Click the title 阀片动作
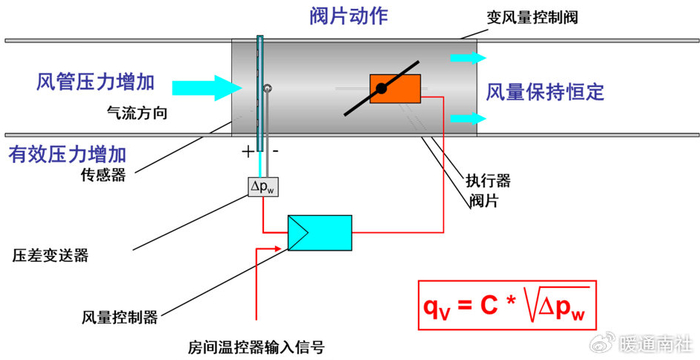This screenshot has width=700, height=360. pyautogui.click(x=349, y=16)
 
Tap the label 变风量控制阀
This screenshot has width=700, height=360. pyautogui.click(x=532, y=17)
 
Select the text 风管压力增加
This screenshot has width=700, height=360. pyautogui.click(x=96, y=82)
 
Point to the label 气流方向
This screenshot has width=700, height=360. pyautogui.click(x=137, y=113)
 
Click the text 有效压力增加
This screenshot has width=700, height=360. pyautogui.click(x=67, y=155)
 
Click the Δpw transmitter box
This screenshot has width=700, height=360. pyautogui.click(x=263, y=187)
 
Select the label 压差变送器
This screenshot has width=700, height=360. pyautogui.click(x=50, y=255)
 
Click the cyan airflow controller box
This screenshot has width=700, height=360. pyautogui.click(x=320, y=233)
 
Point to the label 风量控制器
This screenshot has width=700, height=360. pyautogui.click(x=120, y=317)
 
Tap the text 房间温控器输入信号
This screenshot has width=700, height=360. pyautogui.click(x=256, y=347)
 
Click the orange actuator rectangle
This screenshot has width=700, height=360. pyautogui.click(x=395, y=88)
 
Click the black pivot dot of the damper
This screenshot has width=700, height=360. pyautogui.click(x=381, y=89)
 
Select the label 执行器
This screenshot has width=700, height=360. pyautogui.click(x=488, y=181)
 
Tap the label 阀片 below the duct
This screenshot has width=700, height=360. pyautogui.click(x=483, y=201)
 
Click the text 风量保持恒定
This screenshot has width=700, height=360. pyautogui.click(x=545, y=92)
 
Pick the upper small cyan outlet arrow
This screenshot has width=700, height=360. pyautogui.click(x=468, y=58)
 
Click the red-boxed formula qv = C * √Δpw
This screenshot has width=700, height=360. pyautogui.click(x=507, y=305)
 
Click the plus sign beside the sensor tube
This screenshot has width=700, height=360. pyautogui.click(x=247, y=152)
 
